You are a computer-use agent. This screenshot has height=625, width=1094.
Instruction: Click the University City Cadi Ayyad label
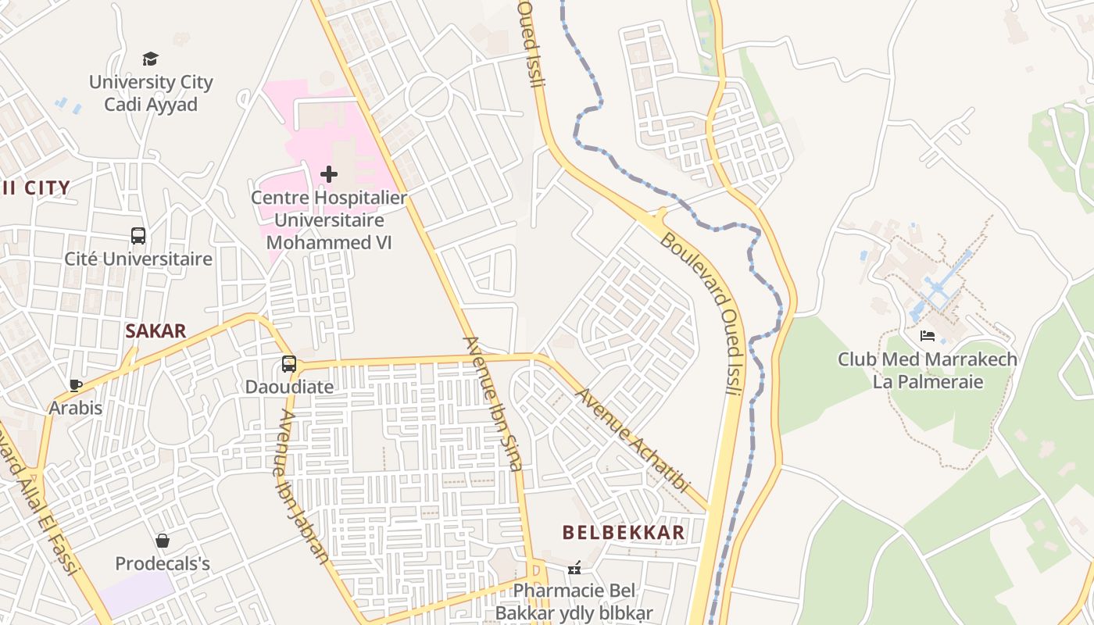pos(151,93)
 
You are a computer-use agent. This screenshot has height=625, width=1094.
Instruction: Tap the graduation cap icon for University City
pos(151,59)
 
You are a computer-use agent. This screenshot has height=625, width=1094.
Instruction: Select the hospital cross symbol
pos(329,174)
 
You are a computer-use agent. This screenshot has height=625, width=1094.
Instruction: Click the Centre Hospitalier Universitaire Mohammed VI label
pos(329,220)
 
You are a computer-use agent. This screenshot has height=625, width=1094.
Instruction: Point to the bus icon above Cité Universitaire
pos(138,235)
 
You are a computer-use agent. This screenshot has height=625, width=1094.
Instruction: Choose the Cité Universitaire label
pos(138,259)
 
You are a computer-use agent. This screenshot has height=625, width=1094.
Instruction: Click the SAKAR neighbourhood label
pos(156,330)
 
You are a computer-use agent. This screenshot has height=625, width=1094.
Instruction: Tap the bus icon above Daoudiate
pos(289,364)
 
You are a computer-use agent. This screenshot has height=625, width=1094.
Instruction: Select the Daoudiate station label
pos(289,387)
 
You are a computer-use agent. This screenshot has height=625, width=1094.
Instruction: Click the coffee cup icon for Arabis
pos(76,385)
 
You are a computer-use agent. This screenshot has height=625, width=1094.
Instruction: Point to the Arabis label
pos(76,408)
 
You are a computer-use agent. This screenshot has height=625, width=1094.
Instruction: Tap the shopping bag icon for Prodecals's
pos(163,541)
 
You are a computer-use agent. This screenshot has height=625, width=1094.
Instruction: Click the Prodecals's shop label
pos(163,563)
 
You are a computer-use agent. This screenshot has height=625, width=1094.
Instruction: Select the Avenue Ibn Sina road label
pos(492,403)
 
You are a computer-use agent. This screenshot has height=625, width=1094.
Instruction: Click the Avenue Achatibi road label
pos(633,440)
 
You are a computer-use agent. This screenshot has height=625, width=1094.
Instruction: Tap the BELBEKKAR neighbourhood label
pos(624,533)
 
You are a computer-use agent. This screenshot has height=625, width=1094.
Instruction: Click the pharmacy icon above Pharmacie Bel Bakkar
pos(574,568)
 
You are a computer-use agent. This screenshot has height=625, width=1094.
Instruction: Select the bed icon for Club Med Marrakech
pos(928,336)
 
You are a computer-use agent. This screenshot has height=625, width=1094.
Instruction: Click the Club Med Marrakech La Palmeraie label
pos(928,370)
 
